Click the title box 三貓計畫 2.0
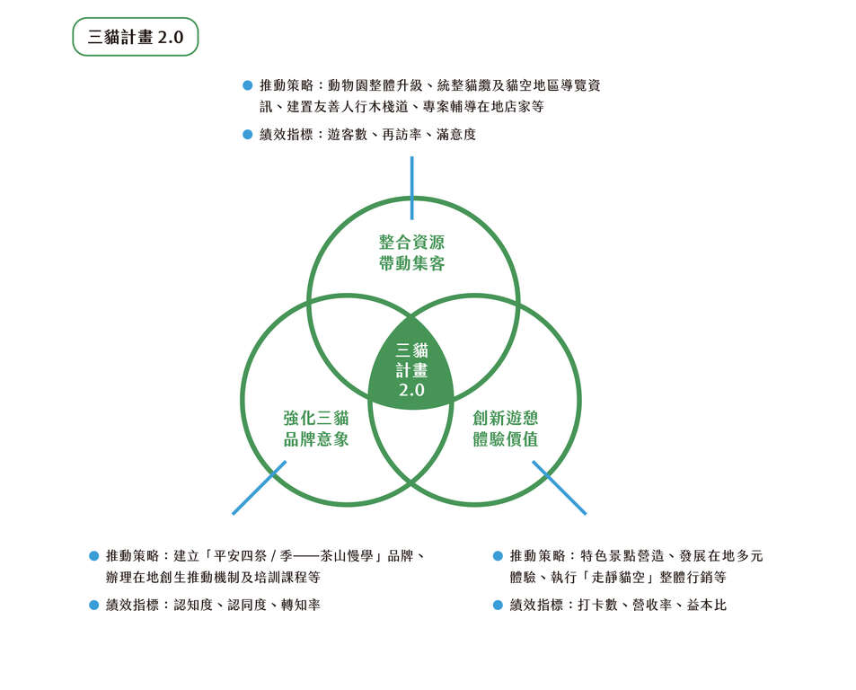pos(136,37)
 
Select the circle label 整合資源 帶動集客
pos(411,252)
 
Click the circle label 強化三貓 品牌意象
pos(316,429)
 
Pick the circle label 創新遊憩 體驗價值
pos(506,429)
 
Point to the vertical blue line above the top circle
pos(411,188)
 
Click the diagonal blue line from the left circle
pos(259,488)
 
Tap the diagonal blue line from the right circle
pos(560,488)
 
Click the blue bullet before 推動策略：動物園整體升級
pos(247,85)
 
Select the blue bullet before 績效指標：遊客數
pos(247,134)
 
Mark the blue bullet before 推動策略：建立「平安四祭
pos(94,556)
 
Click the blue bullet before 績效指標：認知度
pos(94,605)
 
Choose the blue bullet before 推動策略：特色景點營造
pos(498,556)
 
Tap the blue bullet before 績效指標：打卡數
pos(498,605)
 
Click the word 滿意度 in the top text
pos(456,134)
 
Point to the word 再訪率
pos(402,134)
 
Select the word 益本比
pos(707,605)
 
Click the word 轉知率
pos(301,605)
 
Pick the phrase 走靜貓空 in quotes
pos(619,577)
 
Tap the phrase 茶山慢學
pos(347,556)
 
